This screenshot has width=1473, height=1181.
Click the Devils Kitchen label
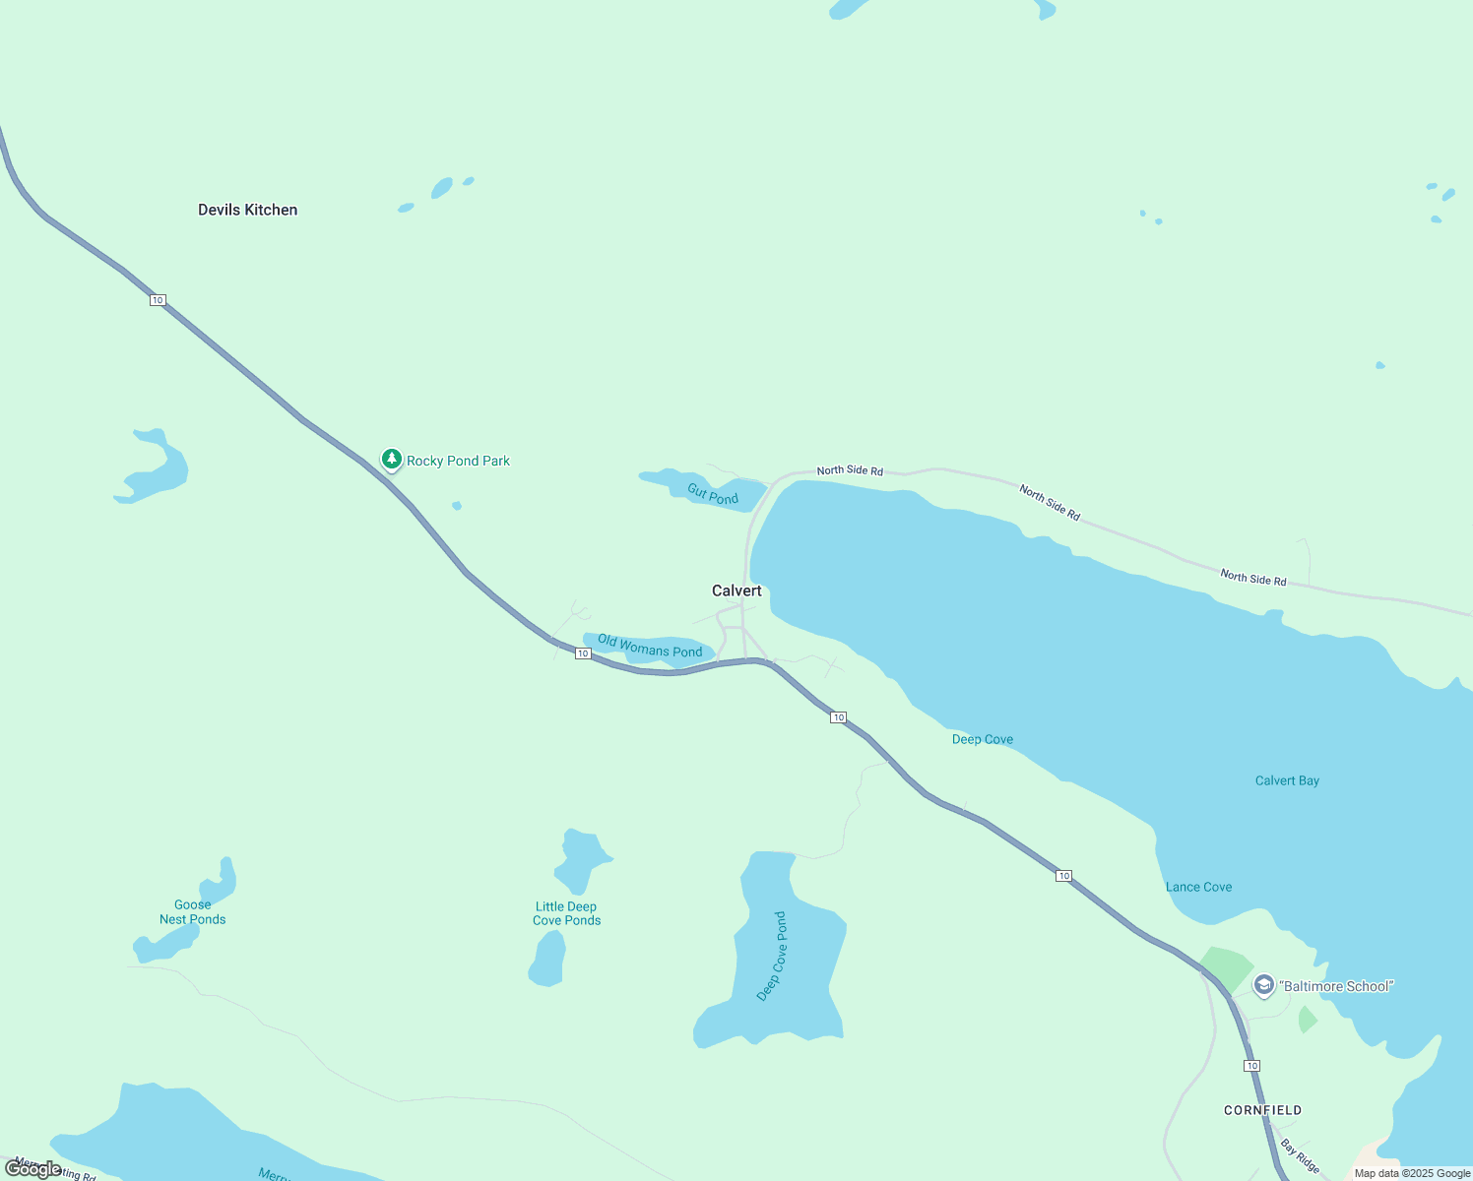247,210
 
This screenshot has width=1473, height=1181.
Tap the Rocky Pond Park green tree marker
392,459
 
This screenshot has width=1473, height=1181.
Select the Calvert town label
736,590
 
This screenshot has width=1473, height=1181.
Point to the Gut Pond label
713,494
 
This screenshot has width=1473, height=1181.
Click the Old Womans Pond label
650,647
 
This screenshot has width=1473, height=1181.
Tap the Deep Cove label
982,739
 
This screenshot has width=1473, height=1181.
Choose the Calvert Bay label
1287,780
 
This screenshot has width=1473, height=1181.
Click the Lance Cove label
1198,887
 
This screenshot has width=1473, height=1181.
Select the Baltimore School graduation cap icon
1263,984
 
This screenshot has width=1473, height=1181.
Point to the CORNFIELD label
1262,1110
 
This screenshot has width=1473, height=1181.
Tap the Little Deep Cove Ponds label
566,913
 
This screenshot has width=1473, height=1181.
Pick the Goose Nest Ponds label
193,911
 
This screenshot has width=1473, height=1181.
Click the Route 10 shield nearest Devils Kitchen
158,299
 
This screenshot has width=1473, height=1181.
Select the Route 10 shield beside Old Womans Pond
583,653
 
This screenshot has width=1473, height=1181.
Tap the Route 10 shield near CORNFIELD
1251,1066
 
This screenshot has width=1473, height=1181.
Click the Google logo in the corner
33,1168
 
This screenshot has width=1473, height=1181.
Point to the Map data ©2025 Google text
1412,1173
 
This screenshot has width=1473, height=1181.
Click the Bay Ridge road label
1300,1156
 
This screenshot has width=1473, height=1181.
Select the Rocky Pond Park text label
458,461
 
